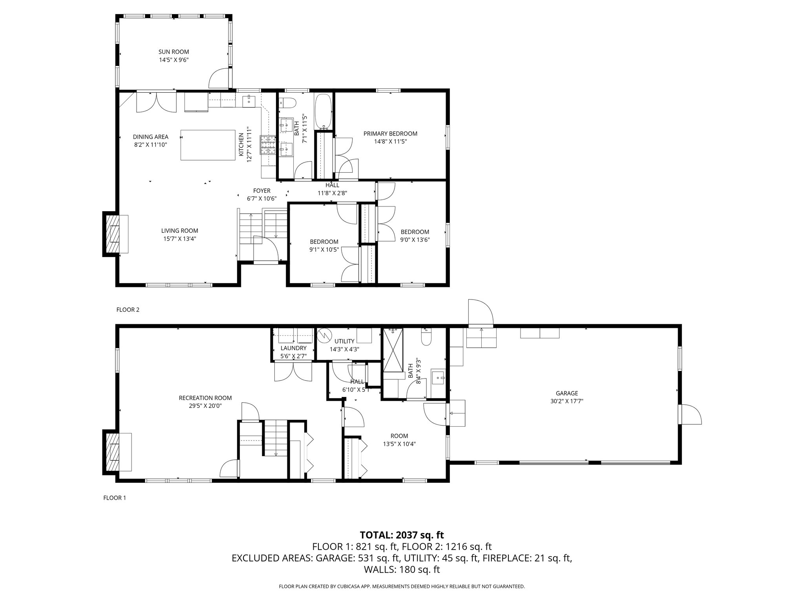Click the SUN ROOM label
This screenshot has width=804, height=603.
click(174, 52)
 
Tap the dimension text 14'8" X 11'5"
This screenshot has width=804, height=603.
click(390, 141)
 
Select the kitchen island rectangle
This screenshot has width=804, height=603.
click(208, 145)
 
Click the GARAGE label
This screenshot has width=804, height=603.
click(566, 393)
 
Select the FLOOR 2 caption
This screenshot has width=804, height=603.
click(128, 310)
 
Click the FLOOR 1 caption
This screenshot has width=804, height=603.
click(115, 498)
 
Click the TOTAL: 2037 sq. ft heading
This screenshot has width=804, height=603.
click(402, 535)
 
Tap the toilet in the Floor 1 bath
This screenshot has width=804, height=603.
click(426, 338)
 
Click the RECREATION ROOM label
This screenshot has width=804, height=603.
click(205, 398)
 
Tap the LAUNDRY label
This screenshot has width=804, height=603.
click(293, 348)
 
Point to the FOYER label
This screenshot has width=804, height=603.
click(261, 191)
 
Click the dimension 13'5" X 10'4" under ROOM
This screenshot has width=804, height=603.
click(399, 444)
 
